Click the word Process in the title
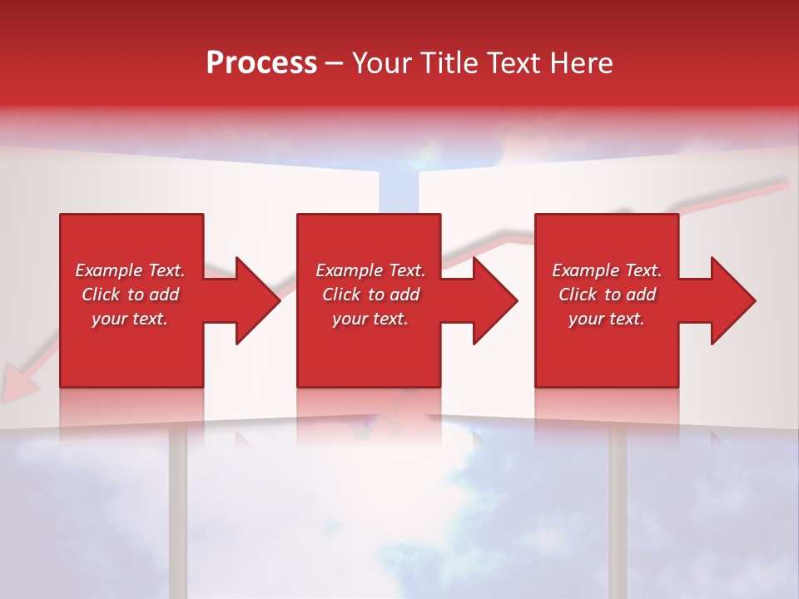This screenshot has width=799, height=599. pos(261,63)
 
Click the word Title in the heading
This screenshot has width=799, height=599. pos(449,63)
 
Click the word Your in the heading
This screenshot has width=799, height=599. pos(382,63)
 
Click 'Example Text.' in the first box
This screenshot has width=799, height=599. pos(130,270)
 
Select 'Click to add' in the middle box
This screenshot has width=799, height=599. pos(370,295)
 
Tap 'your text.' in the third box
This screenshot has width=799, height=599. pos(607,319)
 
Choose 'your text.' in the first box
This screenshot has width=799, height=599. pos(130,319)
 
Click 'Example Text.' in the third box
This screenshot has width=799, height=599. pos(607,270)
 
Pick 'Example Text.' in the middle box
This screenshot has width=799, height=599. pos(370,270)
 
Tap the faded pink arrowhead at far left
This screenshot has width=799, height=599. pos(15,385)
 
